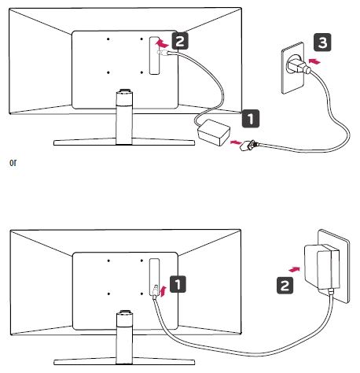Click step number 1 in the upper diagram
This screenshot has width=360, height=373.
coord(251,119)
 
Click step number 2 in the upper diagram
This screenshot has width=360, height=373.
coord(180,41)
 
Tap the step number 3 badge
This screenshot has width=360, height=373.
coord(322,42)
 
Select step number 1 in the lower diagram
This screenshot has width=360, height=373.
coord(178,284)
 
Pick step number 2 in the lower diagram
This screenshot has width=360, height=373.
coord(285,285)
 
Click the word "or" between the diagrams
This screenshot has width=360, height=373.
coord(13,163)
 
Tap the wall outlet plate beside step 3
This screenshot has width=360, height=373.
coord(292,68)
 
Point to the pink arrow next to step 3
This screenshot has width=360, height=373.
coord(314,61)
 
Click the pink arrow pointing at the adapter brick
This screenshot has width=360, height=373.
coord(236,142)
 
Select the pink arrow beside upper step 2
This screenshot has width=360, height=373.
coord(162,43)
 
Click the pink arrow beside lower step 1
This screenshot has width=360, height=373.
coord(163,291)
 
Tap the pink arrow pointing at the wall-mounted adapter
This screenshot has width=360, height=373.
coord(294,269)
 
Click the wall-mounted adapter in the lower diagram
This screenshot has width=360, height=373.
coord(322,267)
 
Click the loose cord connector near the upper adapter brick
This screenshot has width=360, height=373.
coord(249,145)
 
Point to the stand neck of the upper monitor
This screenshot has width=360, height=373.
coord(124,117)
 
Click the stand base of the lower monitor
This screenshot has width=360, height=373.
coord(124,362)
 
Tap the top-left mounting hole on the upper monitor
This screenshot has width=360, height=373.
coord(108,39)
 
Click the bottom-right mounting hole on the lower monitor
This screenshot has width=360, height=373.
coord(141,294)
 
